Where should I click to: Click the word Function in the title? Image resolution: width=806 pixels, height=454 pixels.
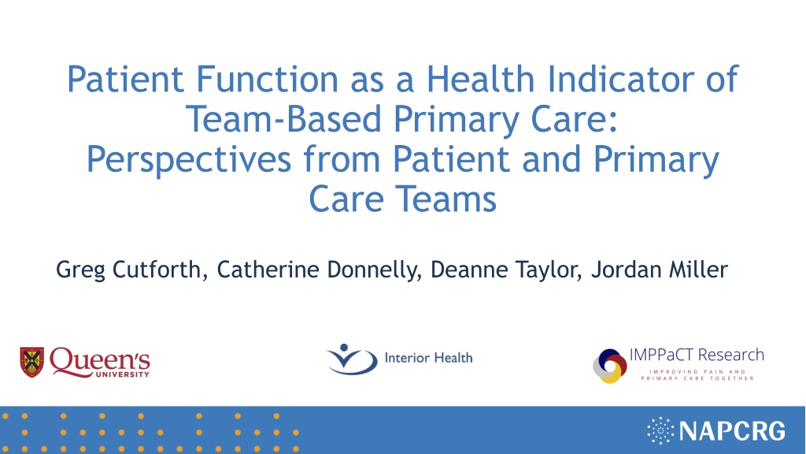coord(268,79)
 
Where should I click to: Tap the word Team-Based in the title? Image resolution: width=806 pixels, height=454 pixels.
coord(283,119)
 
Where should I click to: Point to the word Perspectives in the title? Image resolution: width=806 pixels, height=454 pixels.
coord(189,159)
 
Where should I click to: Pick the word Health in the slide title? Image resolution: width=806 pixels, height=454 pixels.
coord(481,79)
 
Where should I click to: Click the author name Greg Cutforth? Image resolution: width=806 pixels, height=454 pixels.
coord(128,270)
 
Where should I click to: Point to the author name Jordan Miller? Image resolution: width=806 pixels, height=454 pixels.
coord(660,270)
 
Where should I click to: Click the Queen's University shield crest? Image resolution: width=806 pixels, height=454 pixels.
coord(31,362)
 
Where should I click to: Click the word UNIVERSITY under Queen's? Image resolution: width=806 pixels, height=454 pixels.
coord(123,374)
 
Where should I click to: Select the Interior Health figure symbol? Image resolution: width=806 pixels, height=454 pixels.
coord(352,359)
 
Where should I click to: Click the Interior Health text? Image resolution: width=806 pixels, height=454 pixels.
coord(428,358)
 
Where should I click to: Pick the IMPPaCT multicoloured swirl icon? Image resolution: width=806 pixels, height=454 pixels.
coord(610,366)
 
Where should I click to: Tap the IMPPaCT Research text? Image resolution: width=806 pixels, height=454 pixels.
coord(697,355)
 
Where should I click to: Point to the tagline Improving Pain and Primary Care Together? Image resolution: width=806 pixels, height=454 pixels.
coord(697,374)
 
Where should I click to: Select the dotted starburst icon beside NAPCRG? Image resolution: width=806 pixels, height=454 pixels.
coord(660,430)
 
